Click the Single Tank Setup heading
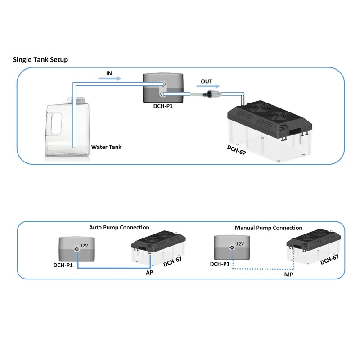40,59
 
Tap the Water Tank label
106,147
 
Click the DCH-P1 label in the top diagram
162,107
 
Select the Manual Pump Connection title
268,228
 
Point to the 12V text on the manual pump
239,244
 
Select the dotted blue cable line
261,269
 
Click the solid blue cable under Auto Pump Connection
112,268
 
